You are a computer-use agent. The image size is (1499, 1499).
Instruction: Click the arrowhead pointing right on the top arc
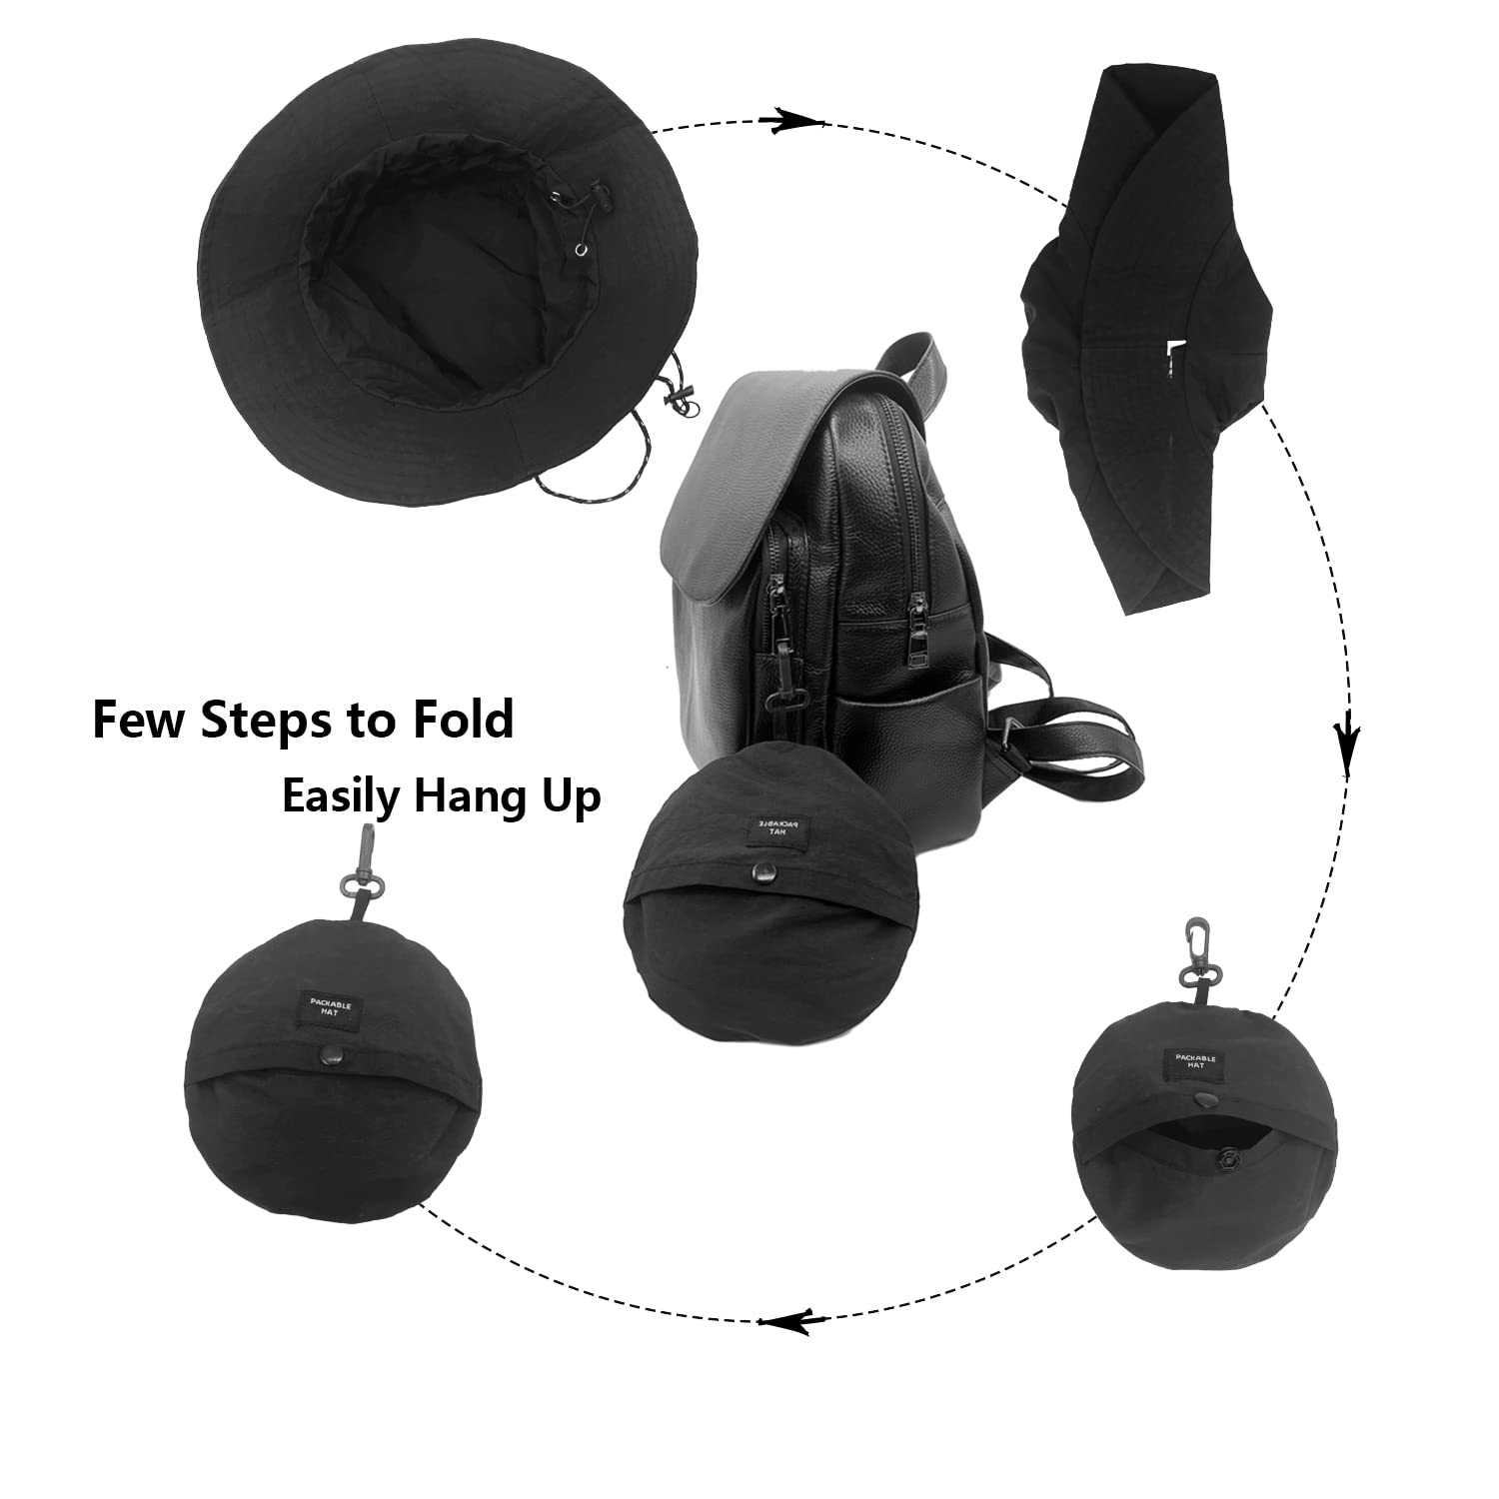791,120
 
